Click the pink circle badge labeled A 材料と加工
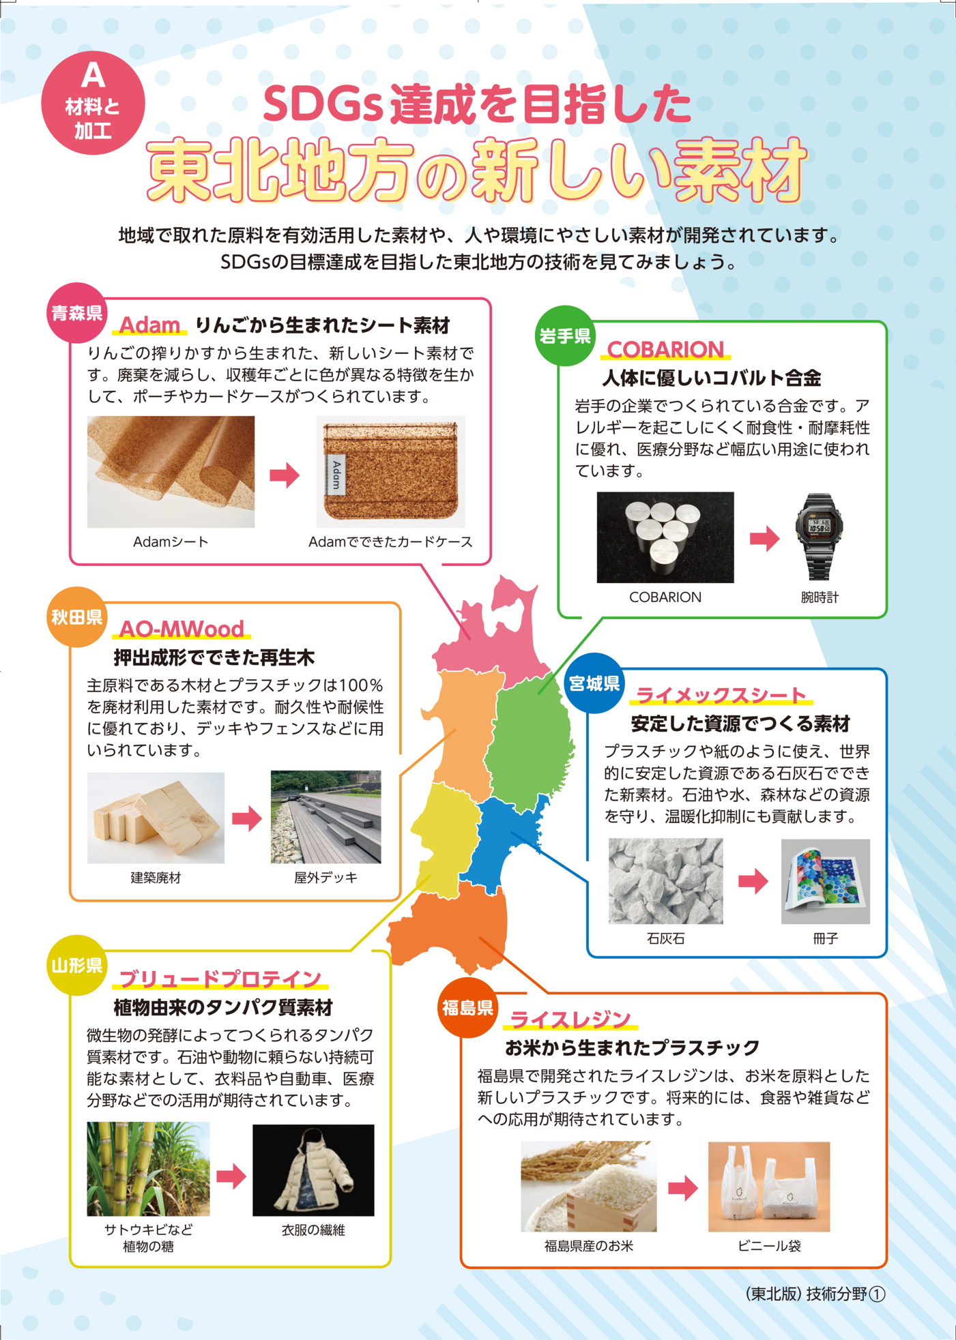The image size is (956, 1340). (x=93, y=102)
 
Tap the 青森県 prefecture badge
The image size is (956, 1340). (x=77, y=313)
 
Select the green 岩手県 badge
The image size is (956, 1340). (x=565, y=336)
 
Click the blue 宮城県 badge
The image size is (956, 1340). (x=594, y=683)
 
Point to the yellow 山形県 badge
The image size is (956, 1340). (x=77, y=965)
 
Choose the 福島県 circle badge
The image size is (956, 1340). (x=468, y=1008)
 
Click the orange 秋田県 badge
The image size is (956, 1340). (x=77, y=617)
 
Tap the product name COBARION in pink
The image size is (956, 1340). (x=665, y=349)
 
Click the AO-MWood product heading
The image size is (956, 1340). (x=182, y=629)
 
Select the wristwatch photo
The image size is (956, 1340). (x=819, y=537)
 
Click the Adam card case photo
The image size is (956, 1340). (x=391, y=471)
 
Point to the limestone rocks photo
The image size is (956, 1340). (x=665, y=881)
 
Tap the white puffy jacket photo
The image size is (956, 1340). (x=313, y=1170)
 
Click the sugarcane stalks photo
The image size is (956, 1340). (x=148, y=1169)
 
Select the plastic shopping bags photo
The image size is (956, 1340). (x=769, y=1187)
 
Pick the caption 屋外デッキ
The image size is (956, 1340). (x=325, y=878)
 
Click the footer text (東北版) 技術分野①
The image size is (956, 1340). (x=815, y=1294)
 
